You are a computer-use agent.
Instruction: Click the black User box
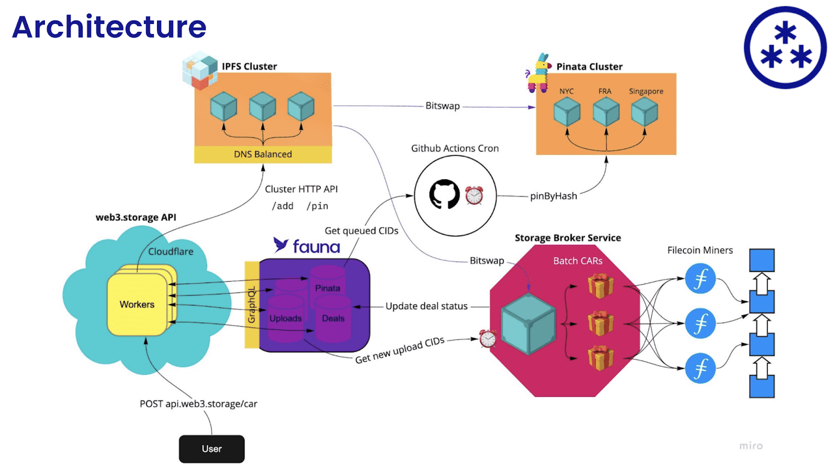tap(211, 449)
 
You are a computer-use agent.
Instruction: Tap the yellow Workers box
tap(137, 304)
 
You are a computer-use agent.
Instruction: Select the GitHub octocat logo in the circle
tap(444, 195)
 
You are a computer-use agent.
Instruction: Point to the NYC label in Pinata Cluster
tap(566, 91)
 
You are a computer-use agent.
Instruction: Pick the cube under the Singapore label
tap(644, 112)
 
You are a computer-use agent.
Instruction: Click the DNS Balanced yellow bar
tap(263, 154)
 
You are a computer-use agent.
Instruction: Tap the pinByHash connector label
tap(553, 196)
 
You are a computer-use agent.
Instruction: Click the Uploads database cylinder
tap(286, 317)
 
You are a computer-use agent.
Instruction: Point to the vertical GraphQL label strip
tap(252, 305)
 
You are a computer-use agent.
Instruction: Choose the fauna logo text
tap(316, 246)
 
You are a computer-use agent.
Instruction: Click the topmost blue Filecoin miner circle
tap(700, 279)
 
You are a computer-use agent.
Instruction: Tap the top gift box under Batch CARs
tap(600, 287)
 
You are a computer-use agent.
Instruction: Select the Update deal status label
tap(426, 306)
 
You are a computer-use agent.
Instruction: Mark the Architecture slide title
tap(109, 27)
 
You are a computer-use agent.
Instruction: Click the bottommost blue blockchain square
tap(762, 387)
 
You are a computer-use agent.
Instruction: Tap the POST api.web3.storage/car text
tap(198, 404)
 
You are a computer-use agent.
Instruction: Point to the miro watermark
tap(751, 446)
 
